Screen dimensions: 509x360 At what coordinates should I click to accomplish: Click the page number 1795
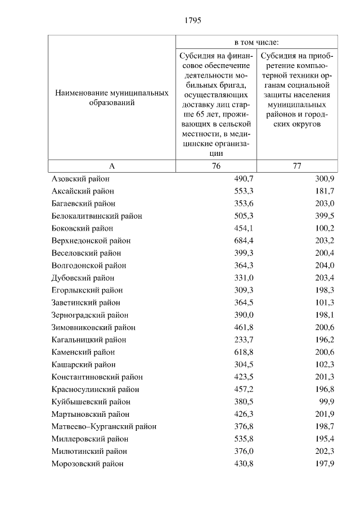tap(192, 20)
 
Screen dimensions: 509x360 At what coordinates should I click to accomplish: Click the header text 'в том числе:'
tap(257, 42)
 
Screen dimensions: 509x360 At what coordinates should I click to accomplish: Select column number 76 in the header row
tap(217, 166)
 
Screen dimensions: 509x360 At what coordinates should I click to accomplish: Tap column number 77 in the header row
tap(297, 166)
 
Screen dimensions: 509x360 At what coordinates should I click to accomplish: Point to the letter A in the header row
tap(111, 166)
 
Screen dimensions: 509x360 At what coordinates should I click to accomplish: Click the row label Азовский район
tap(80, 179)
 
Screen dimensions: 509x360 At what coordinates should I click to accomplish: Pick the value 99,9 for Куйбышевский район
tap(327, 402)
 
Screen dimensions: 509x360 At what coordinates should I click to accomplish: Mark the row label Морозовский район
tap(87, 463)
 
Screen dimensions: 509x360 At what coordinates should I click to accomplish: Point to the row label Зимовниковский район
tap(93, 327)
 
